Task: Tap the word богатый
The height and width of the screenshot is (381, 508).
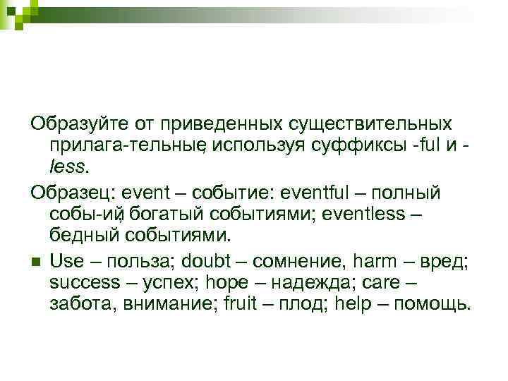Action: click(x=168, y=213)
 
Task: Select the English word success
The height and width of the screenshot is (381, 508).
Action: click(x=85, y=282)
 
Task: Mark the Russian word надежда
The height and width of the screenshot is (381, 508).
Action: click(x=310, y=282)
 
